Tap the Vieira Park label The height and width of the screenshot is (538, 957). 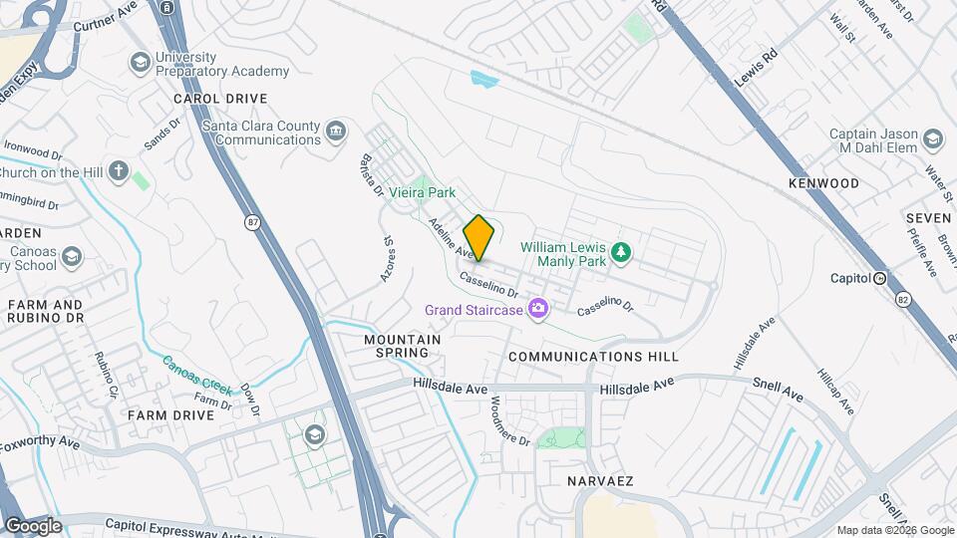422,191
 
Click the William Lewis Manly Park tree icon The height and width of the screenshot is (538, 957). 622,251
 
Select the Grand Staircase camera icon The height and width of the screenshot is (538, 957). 538,310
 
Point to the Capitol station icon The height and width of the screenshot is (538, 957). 880,278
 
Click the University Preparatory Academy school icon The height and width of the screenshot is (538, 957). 140,64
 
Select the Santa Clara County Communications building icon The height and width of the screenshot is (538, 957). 336,131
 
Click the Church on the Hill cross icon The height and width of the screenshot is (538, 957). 119,171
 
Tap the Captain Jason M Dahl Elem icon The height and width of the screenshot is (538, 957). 933,138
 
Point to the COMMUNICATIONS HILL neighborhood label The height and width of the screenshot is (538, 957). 593,356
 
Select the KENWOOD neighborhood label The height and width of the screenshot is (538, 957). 823,183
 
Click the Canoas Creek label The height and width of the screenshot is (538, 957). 197,372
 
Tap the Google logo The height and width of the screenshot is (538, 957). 33,525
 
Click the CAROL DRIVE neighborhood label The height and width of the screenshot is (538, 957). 220,99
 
